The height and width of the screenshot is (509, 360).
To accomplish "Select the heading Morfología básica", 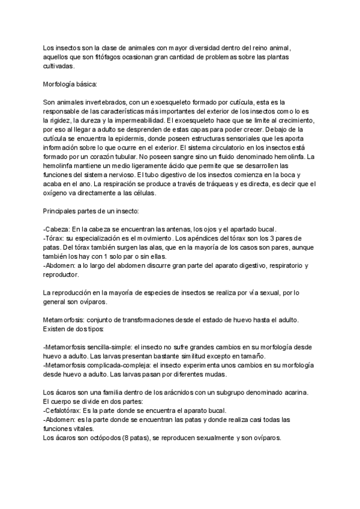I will click(70, 85).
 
